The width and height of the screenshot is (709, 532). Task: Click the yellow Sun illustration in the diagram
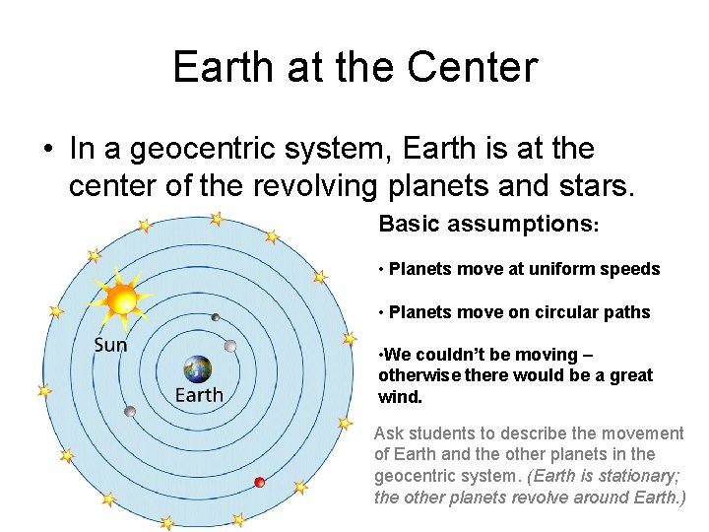pyautogui.click(x=122, y=296)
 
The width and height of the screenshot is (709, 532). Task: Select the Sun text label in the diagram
pyautogui.click(x=110, y=345)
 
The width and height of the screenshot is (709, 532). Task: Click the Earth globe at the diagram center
pyautogui.click(x=197, y=369)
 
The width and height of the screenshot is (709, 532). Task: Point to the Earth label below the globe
pyautogui.click(x=199, y=396)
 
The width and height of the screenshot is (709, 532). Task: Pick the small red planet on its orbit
pyautogui.click(x=260, y=482)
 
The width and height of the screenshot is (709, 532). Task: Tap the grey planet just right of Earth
pyautogui.click(x=230, y=346)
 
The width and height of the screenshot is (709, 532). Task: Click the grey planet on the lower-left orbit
pyautogui.click(x=129, y=411)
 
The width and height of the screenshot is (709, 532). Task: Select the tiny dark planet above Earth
pyautogui.click(x=215, y=317)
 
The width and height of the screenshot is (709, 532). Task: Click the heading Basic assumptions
pyautogui.click(x=488, y=224)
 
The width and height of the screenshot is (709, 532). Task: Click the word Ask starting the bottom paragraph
pyautogui.click(x=390, y=433)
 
